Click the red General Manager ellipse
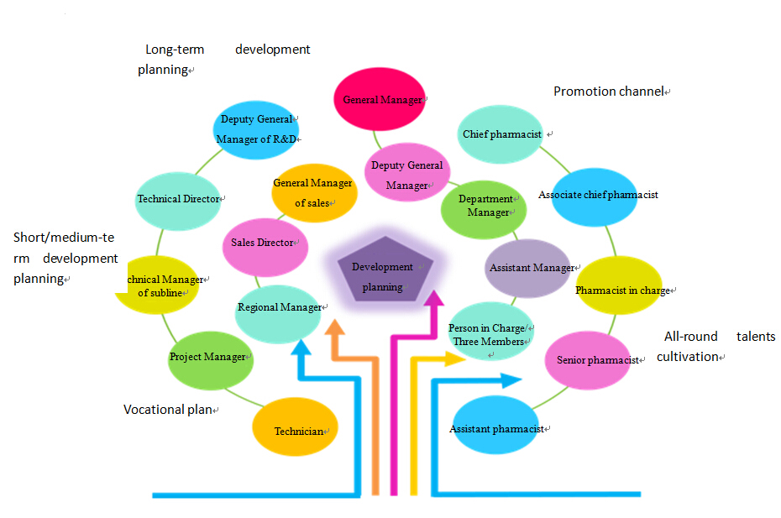[379, 99]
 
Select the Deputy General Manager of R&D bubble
[256, 129]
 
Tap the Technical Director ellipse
[178, 200]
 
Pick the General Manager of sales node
[314, 192]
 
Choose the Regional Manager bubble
[280, 307]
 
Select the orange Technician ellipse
[296, 431]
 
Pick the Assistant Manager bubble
[529, 269]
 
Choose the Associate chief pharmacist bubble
[597, 195]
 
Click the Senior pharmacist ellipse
[597, 360]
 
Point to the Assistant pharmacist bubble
[495, 429]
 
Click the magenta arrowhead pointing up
[435, 299]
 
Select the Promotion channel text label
[608, 91]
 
